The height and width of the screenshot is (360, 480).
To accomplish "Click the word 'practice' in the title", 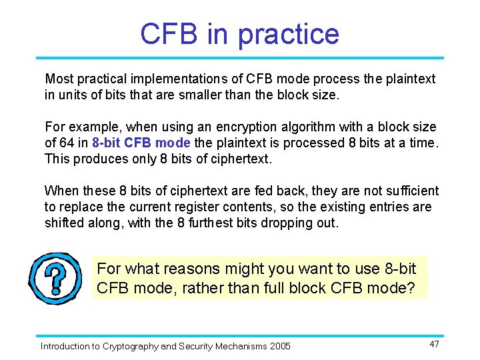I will coord(288,34).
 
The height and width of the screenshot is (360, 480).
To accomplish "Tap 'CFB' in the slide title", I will coord(169,34).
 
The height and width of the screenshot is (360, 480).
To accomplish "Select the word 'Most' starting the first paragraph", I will coord(58,79).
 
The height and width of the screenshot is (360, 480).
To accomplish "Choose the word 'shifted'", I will coord(65,223).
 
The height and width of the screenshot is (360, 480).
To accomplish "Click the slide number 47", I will coord(434,344).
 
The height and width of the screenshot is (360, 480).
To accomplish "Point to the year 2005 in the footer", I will coord(280,346).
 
